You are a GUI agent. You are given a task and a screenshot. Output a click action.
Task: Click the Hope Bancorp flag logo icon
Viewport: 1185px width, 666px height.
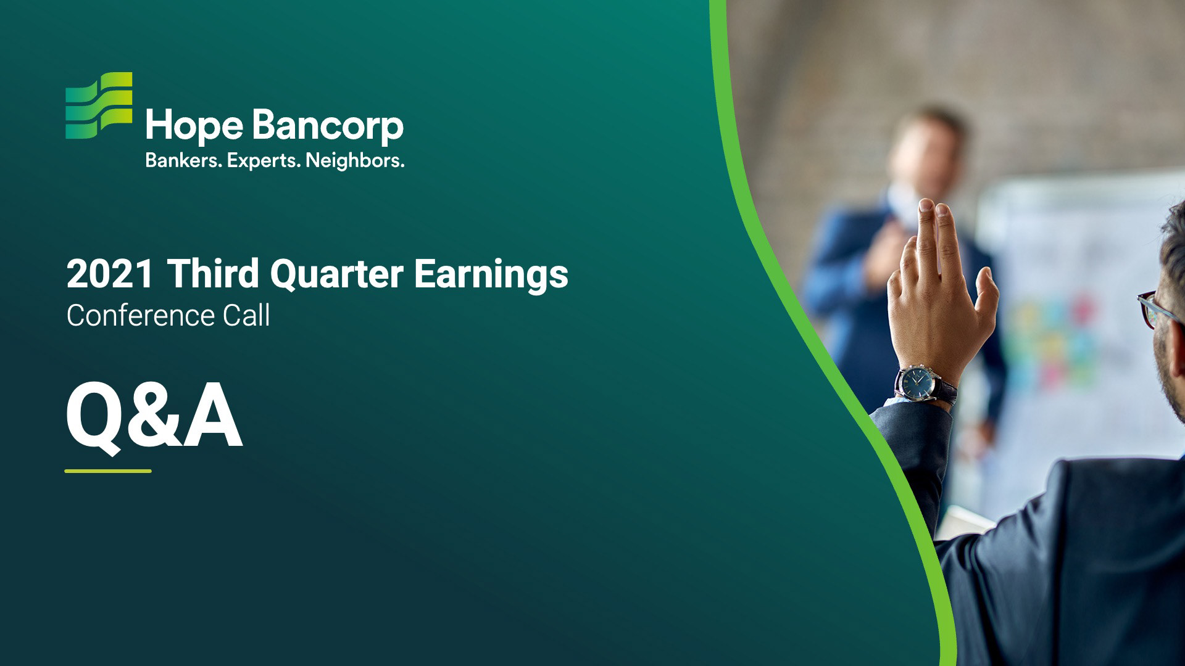(99, 105)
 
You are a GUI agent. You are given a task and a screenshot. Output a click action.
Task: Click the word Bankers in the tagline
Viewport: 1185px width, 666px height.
(183, 161)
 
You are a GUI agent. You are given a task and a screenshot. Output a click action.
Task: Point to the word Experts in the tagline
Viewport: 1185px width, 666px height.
(264, 162)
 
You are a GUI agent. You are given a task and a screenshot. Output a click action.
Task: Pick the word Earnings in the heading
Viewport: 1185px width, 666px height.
(491, 275)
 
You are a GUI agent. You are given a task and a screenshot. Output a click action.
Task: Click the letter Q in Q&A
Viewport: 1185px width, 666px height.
(93, 417)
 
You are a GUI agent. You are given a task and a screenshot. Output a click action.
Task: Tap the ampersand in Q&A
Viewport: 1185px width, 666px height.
(152, 416)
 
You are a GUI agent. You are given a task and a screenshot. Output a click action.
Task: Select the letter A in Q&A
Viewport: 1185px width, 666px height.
(211, 416)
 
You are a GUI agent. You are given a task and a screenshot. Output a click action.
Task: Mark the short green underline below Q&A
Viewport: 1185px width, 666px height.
(108, 471)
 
